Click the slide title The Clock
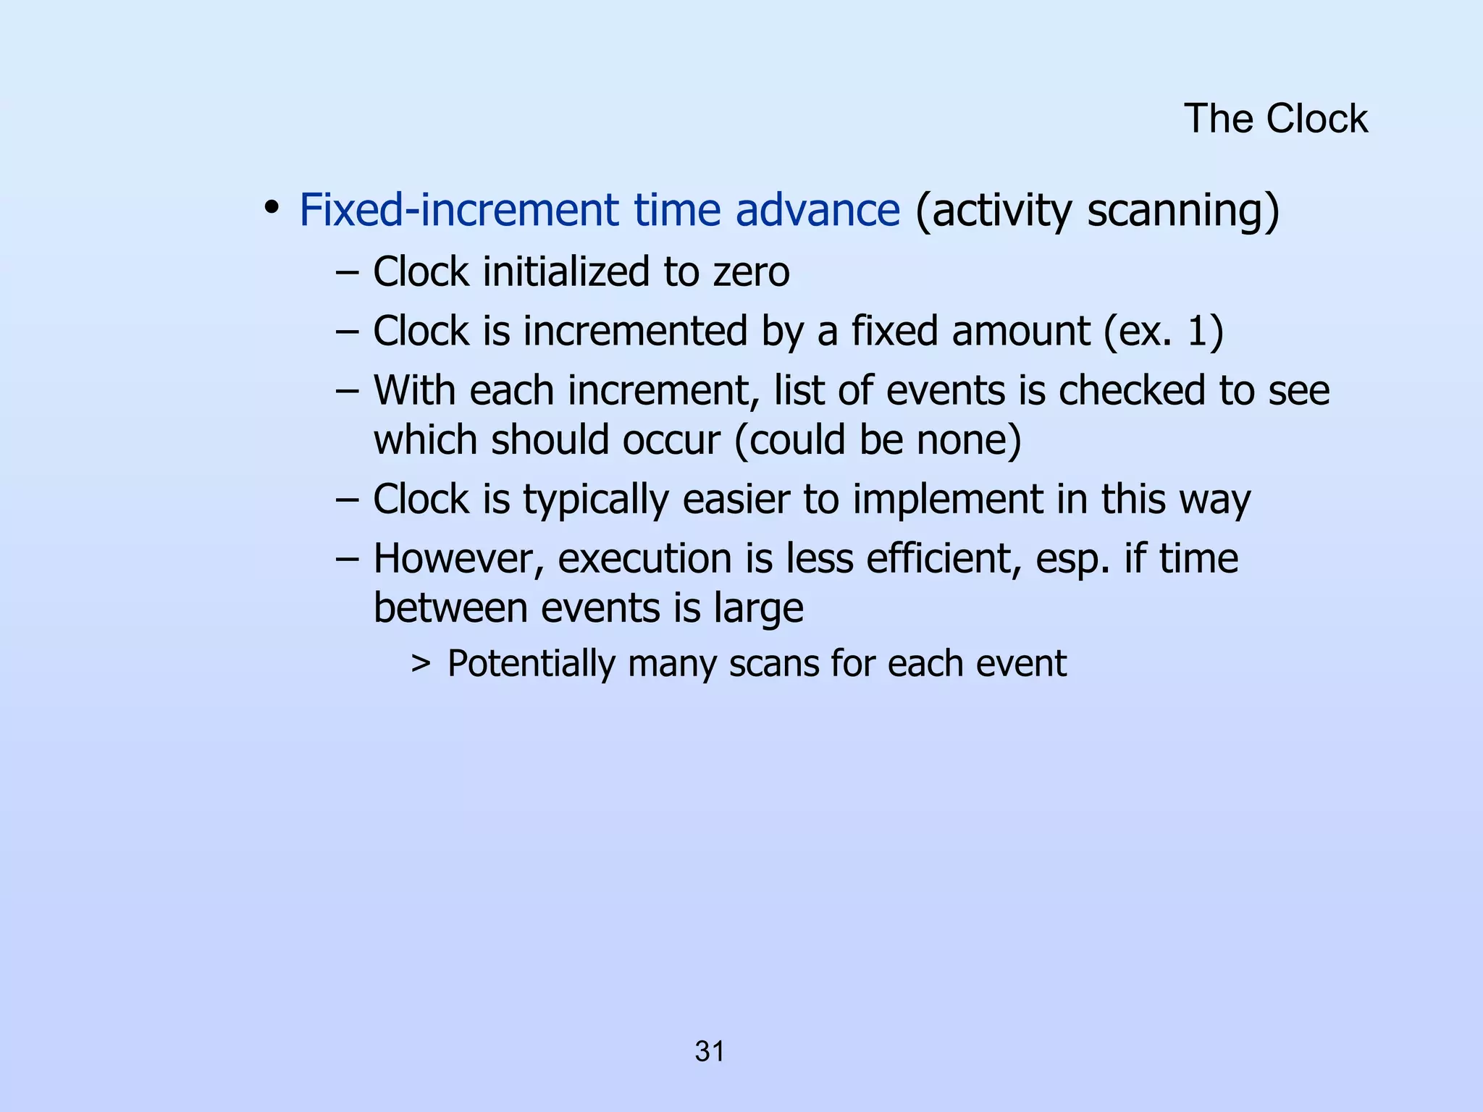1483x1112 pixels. tap(1275, 119)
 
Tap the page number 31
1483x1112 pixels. tap(709, 1051)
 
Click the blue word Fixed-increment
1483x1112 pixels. tap(459, 211)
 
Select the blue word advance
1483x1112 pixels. tap(818, 211)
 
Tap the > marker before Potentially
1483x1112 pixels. tap(421, 663)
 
